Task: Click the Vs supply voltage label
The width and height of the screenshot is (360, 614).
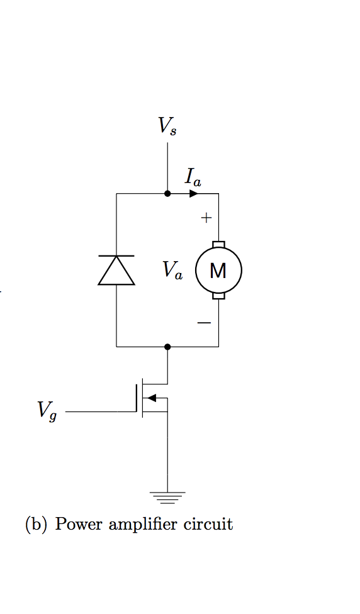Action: click(x=167, y=126)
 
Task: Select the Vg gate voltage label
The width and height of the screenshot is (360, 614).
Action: click(x=47, y=411)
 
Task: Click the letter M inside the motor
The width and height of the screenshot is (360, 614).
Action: click(x=218, y=271)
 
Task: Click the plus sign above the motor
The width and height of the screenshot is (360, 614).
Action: click(x=205, y=218)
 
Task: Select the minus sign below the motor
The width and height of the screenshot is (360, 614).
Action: click(x=204, y=323)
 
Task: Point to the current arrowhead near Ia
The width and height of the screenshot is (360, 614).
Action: click(x=194, y=194)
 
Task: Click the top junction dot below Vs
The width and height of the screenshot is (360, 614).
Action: click(x=167, y=194)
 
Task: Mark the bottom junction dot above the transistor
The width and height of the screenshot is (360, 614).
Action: click(x=167, y=347)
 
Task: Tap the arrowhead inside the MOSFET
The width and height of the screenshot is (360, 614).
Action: click(x=152, y=398)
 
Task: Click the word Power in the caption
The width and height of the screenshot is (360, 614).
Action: click(x=79, y=524)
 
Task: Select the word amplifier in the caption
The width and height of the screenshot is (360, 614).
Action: click(x=143, y=524)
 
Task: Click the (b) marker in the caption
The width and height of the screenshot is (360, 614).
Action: click(x=36, y=524)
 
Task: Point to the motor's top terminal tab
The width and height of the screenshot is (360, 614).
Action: click(x=218, y=244)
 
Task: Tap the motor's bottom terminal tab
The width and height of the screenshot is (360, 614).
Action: click(x=218, y=296)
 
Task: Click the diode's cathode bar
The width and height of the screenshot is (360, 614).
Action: click(x=116, y=256)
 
